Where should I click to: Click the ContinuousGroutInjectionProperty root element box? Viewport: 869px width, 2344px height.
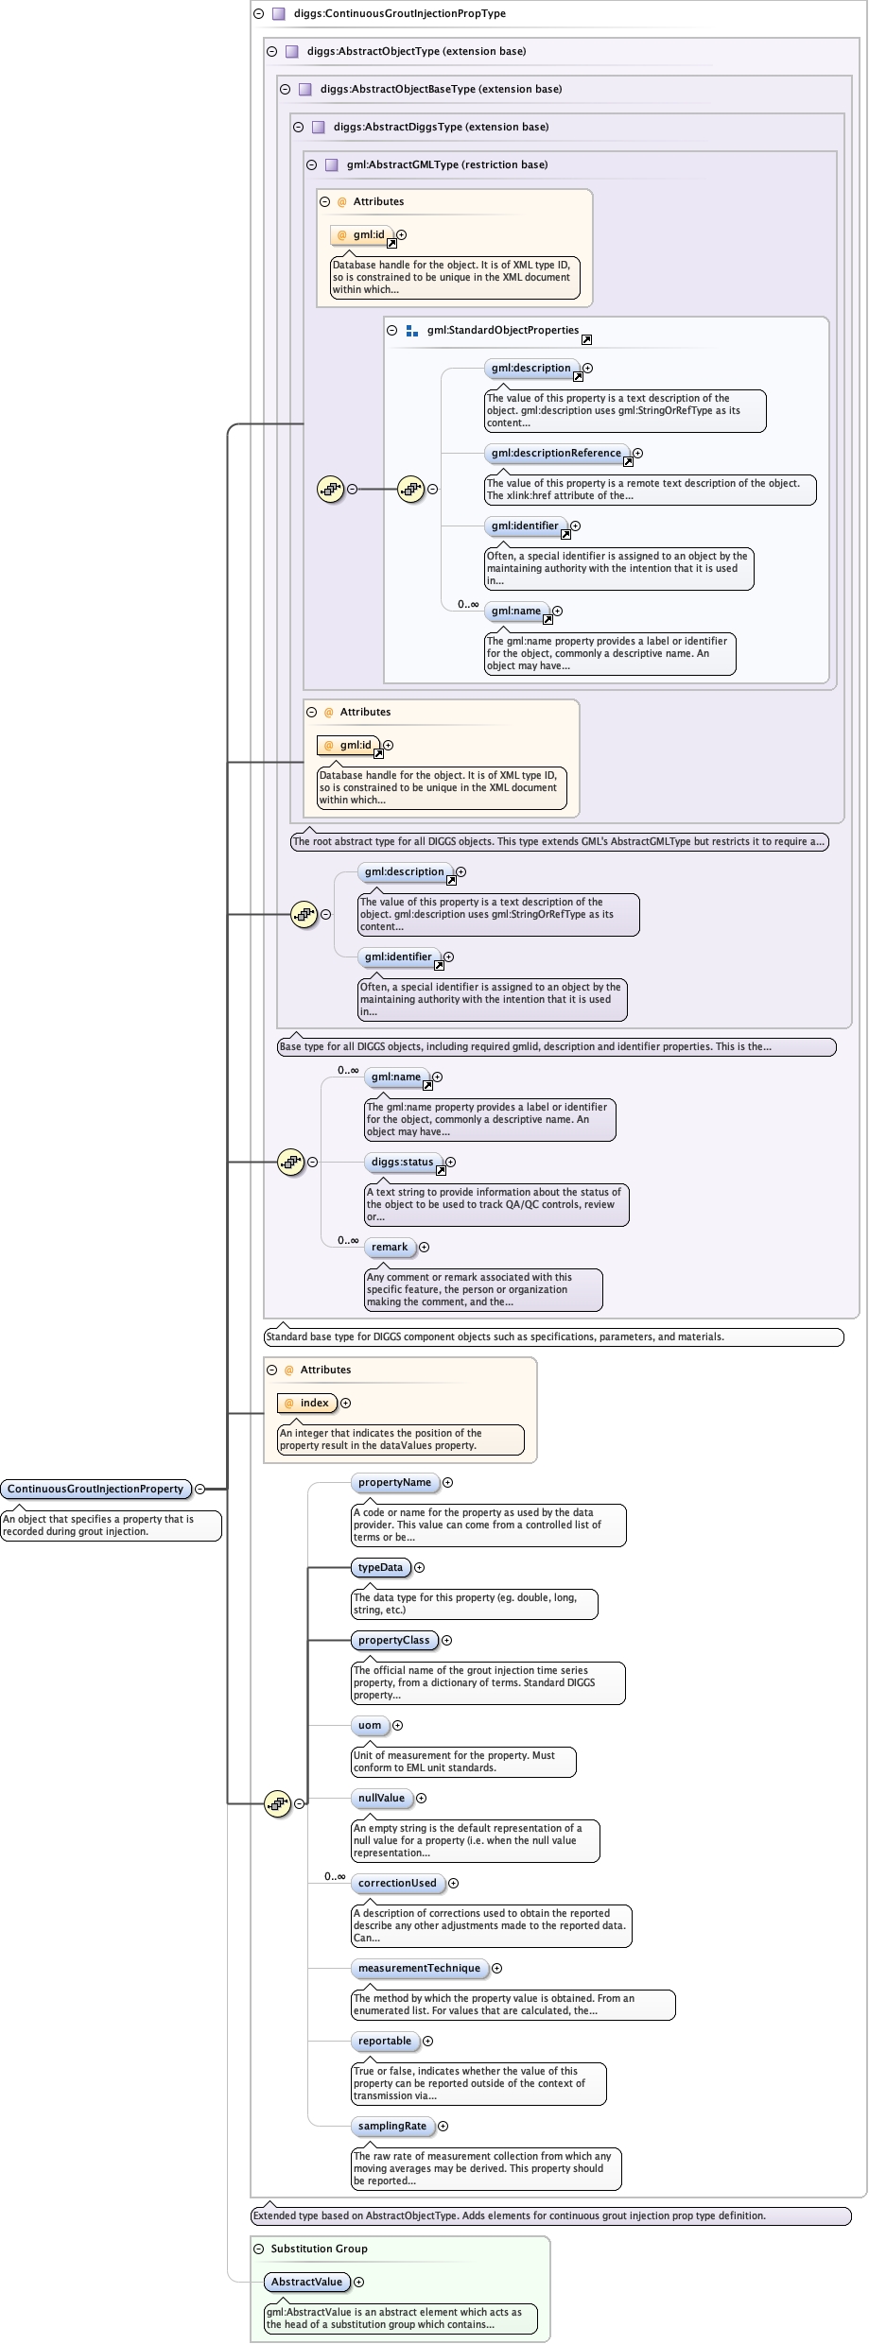click(96, 1489)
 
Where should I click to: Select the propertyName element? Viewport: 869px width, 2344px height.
click(394, 1482)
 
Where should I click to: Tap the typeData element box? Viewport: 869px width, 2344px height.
click(380, 1567)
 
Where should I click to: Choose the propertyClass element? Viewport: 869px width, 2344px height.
click(393, 1640)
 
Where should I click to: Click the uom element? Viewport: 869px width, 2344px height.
click(370, 1725)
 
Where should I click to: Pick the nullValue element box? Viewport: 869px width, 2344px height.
click(381, 1798)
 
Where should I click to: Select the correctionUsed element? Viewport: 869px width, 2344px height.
click(397, 1883)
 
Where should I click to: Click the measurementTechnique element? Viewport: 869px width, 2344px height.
click(419, 1968)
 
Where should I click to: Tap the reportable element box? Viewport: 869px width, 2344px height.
click(385, 2041)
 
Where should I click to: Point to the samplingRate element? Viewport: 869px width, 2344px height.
click(392, 2126)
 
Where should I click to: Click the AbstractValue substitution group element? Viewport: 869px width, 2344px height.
click(306, 2282)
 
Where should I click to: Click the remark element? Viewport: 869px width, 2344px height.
click(390, 1247)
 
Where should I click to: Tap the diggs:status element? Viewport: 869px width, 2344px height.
click(402, 1162)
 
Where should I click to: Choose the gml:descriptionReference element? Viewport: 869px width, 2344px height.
click(556, 453)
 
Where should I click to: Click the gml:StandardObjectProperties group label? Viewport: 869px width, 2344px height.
click(502, 330)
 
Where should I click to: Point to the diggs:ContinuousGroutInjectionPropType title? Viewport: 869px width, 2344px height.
click(399, 13)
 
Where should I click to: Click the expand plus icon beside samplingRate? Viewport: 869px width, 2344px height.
click(443, 2126)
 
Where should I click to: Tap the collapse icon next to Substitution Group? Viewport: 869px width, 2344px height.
click(259, 2249)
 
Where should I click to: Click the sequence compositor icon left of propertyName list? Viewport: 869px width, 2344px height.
click(277, 1803)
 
